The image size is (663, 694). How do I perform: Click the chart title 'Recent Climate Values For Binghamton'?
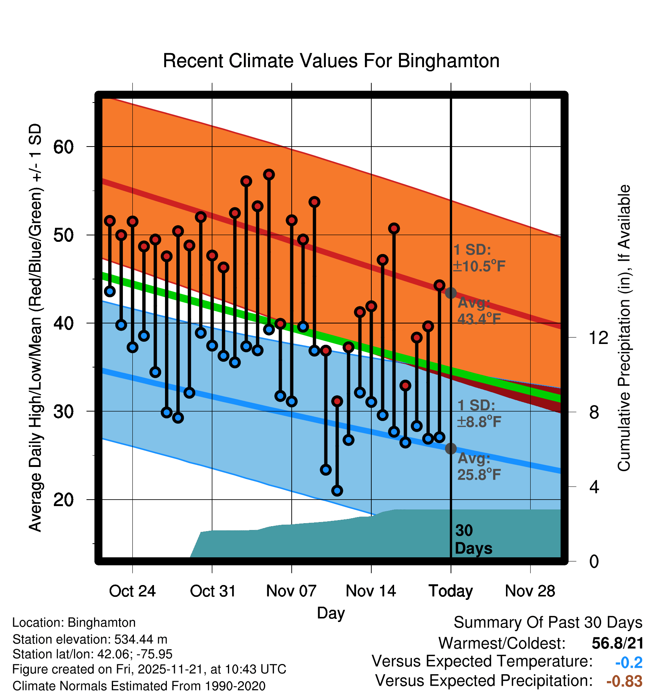click(331, 61)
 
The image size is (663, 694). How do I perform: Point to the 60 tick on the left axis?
click(63, 147)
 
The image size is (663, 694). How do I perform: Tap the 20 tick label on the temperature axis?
click(63, 500)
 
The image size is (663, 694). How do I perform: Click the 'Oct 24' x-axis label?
click(132, 591)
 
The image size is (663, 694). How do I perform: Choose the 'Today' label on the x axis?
click(451, 591)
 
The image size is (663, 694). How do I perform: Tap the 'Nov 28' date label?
click(530, 591)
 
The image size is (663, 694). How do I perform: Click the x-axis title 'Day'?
click(331, 613)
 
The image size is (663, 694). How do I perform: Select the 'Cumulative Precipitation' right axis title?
click(624, 328)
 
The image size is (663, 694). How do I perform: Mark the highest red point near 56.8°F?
click(269, 175)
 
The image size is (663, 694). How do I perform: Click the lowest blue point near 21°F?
click(337, 491)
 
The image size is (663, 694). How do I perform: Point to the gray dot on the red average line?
click(451, 293)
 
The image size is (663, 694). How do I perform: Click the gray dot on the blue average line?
click(451, 449)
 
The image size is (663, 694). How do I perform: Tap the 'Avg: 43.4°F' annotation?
click(479, 311)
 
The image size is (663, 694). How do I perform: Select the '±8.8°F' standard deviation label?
click(479, 421)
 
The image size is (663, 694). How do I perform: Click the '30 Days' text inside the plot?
click(473, 539)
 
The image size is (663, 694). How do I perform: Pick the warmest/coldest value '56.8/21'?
click(617, 643)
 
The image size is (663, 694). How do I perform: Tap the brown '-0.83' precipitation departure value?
click(624, 681)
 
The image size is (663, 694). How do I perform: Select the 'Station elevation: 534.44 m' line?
click(90, 639)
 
